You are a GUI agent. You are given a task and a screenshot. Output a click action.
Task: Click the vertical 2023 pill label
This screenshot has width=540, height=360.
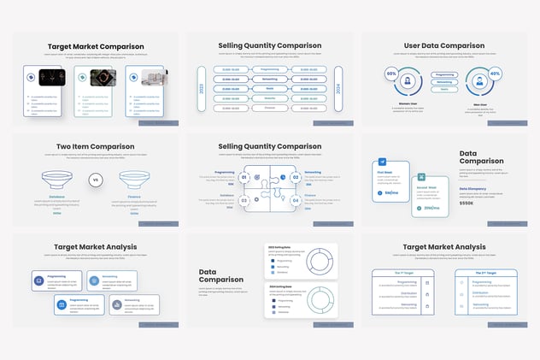coord(202,89)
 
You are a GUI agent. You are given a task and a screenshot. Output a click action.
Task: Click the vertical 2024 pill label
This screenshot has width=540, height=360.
coord(339,89)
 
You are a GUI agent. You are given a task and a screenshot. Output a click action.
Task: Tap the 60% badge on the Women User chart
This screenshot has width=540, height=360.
coord(391,74)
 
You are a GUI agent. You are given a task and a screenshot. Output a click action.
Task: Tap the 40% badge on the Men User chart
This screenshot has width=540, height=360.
coord(496,74)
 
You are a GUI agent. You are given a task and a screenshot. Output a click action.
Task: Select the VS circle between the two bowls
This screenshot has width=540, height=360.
coord(95,180)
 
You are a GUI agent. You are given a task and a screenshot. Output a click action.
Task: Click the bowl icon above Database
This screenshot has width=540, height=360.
coord(56,180)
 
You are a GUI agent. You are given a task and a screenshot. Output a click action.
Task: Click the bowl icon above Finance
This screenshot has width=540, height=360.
coord(134,180)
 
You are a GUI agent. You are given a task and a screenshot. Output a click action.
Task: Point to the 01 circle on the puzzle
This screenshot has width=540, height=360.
coord(244,177)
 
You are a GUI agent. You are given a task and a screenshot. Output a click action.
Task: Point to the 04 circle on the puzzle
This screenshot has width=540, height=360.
coord(296,201)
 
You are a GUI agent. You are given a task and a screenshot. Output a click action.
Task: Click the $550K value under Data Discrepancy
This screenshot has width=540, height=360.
coord(467,203)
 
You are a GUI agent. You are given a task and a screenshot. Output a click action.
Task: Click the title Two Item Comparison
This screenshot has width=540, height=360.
coord(95,146)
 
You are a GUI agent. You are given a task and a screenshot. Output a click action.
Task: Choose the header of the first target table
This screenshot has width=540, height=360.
coord(404,274)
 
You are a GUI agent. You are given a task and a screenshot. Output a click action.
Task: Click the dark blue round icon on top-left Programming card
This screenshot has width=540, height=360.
coord(39,280)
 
